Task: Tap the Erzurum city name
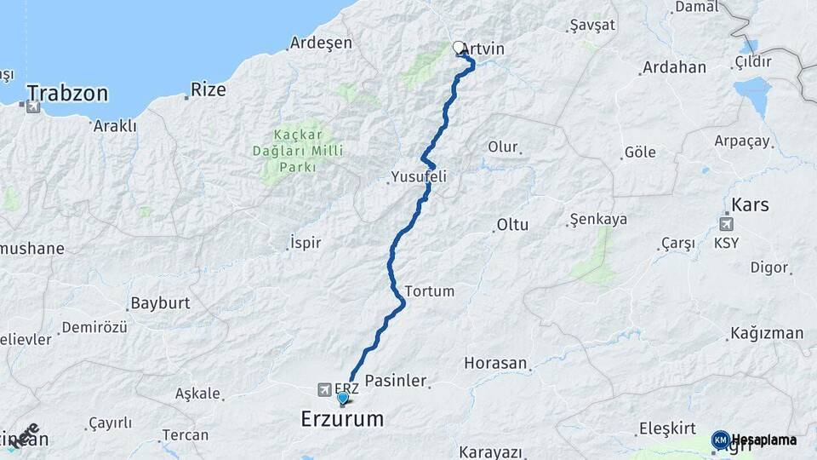(x=342, y=419)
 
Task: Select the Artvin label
(x=483, y=49)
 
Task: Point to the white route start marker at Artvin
(x=459, y=48)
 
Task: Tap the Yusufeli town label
(x=418, y=176)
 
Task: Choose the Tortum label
(x=430, y=290)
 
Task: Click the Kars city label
(x=750, y=204)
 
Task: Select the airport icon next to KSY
(x=726, y=225)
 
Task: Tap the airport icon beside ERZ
(x=324, y=389)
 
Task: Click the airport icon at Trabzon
(x=33, y=107)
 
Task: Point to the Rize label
(x=208, y=88)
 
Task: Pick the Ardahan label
(x=674, y=67)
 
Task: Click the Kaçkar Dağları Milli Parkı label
(x=307, y=151)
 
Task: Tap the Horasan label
(x=495, y=363)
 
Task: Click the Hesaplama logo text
(x=763, y=440)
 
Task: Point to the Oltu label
(x=511, y=226)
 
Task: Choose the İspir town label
(x=306, y=243)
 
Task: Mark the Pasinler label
(x=395, y=381)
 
